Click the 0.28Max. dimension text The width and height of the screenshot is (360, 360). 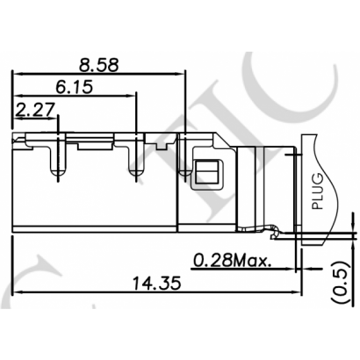(x=231, y=260)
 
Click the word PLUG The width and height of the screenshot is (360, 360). (x=319, y=191)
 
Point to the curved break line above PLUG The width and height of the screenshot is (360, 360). (x=312, y=145)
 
